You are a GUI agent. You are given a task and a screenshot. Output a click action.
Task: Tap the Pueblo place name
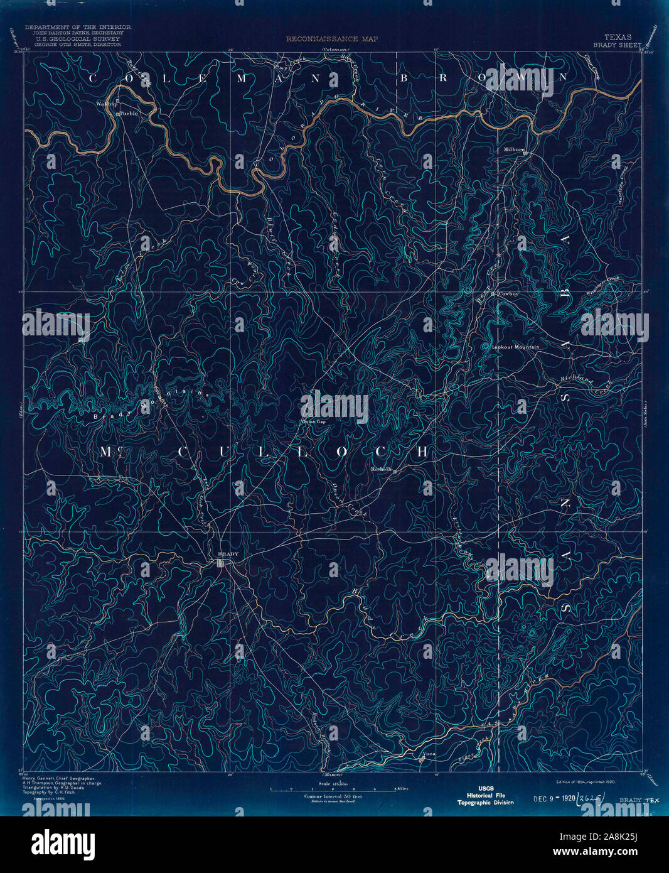pyautogui.click(x=129, y=114)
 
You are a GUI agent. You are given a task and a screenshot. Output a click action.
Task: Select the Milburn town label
pyautogui.click(x=514, y=149)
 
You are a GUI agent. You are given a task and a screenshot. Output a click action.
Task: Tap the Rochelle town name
pyautogui.click(x=382, y=469)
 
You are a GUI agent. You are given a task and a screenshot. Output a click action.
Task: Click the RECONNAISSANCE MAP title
pyautogui.click(x=324, y=39)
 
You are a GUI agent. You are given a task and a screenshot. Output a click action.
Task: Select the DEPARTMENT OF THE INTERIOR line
pyautogui.click(x=78, y=28)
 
